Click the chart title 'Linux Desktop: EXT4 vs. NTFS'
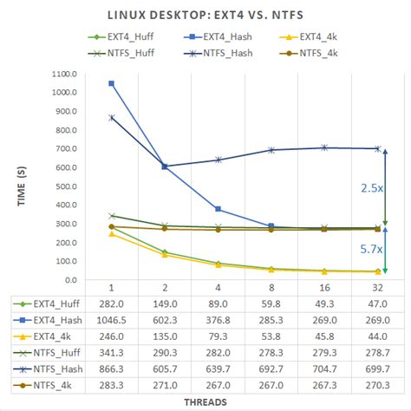205,15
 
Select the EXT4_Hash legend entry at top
223,37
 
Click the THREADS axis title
205,402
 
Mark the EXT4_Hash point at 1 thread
112,83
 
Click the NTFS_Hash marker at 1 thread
112,117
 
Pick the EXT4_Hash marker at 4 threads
218,209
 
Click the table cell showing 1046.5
112,319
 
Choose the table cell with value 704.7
323,368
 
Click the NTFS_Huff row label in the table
48,352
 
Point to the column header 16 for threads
323,287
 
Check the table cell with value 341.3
112,352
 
